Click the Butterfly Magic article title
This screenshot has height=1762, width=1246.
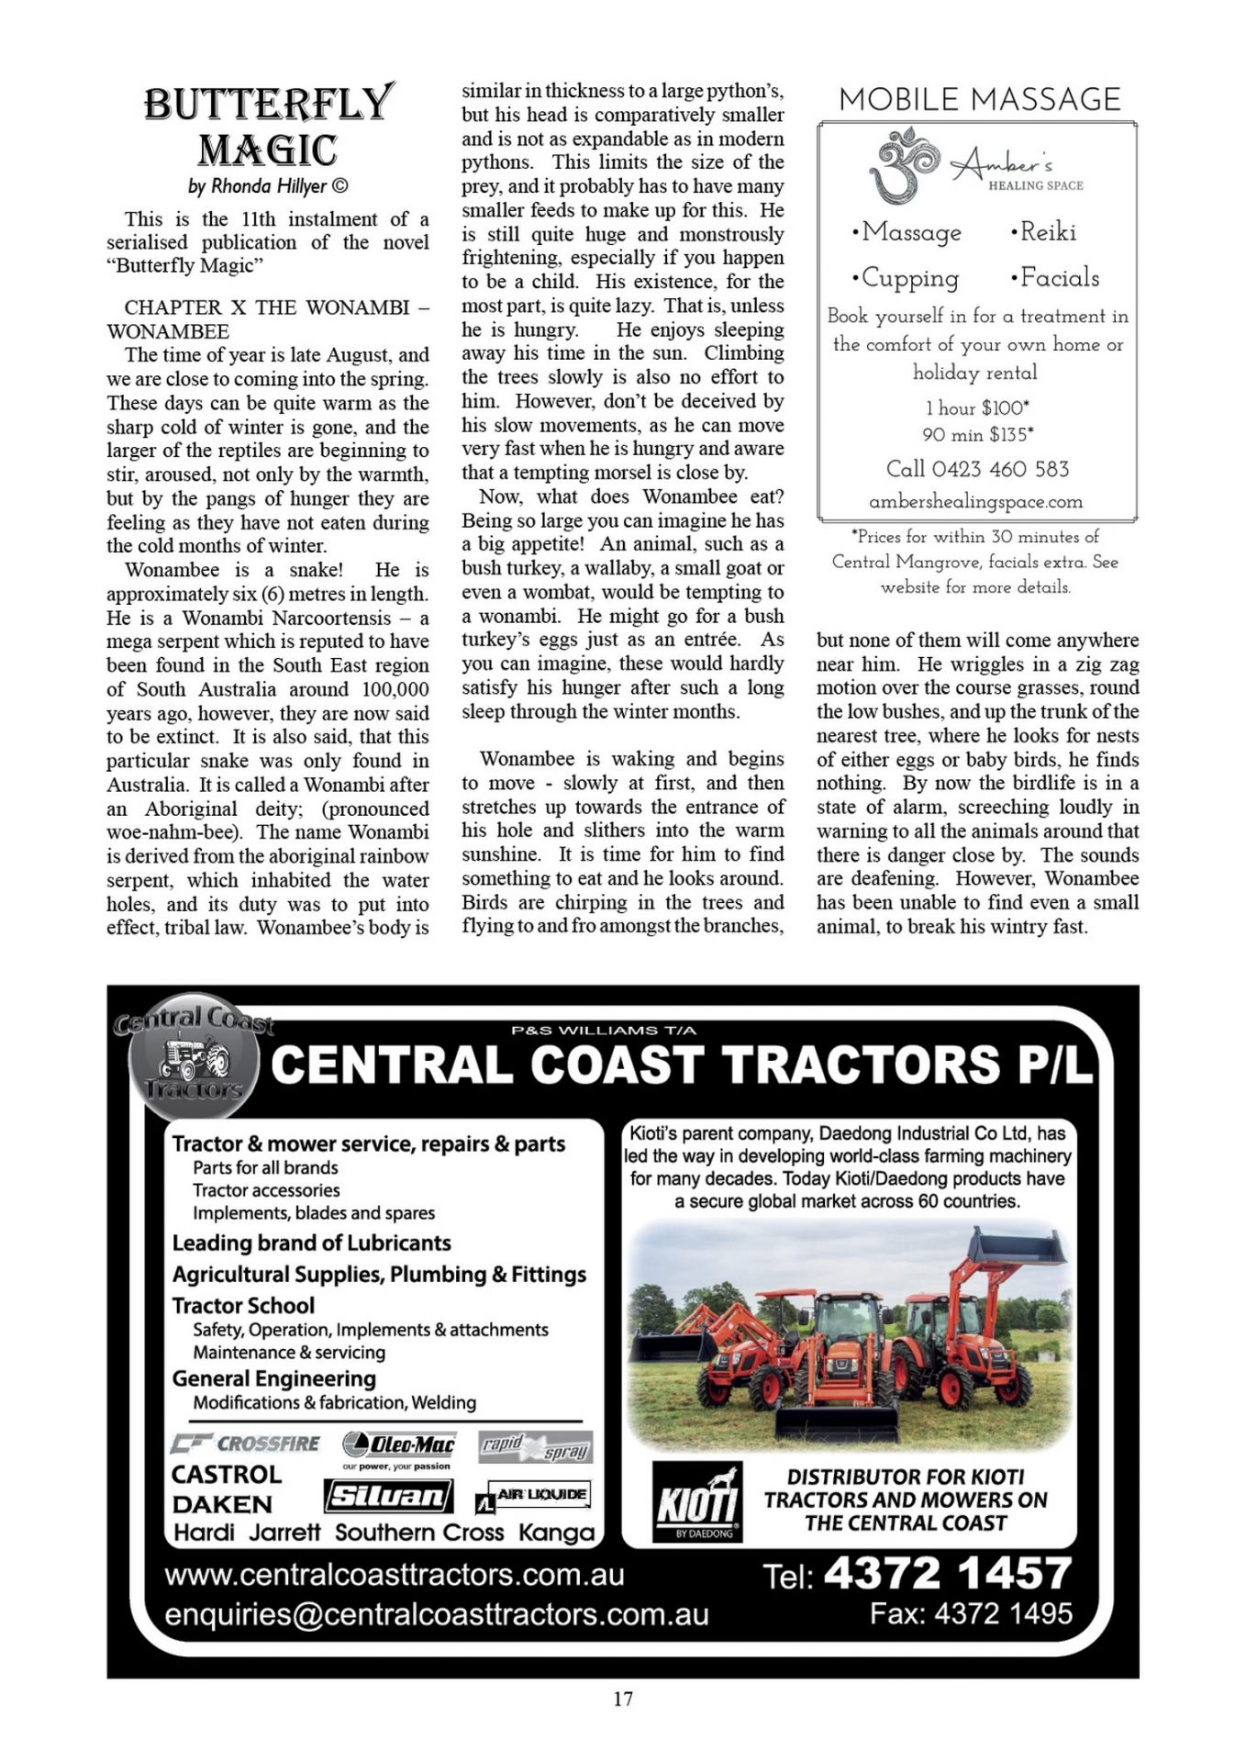[x=268, y=127]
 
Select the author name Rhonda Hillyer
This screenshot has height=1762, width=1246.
[x=268, y=186]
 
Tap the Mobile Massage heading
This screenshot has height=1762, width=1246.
[x=979, y=99]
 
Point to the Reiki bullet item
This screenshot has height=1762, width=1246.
[x=1043, y=232]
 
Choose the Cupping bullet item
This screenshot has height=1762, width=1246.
[x=905, y=278]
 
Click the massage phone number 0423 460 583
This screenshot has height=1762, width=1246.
[x=977, y=469]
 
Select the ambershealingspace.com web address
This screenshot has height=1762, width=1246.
[x=975, y=502]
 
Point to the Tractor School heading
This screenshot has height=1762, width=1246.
[x=243, y=1306]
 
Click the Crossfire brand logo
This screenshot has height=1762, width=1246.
[x=246, y=1444]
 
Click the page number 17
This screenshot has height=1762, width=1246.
[x=623, y=1699]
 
